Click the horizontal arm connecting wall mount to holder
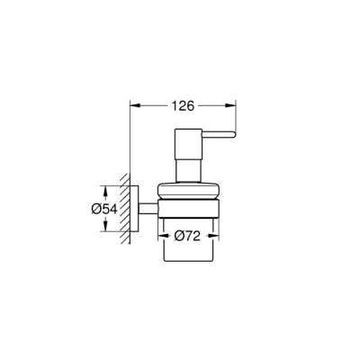click(x=147, y=209)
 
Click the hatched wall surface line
click(x=127, y=209)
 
